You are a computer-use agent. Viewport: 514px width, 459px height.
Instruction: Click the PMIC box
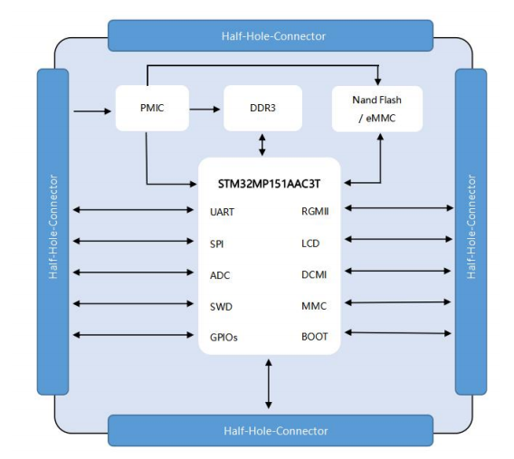(x=152, y=109)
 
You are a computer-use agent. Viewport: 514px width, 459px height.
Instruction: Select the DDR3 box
(x=262, y=109)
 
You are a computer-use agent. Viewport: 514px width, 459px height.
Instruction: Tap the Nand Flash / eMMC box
(x=377, y=109)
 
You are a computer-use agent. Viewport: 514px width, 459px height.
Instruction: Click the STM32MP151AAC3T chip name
(x=269, y=184)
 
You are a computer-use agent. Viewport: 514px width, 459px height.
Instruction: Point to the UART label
(x=222, y=212)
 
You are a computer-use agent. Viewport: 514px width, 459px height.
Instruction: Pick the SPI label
(x=216, y=244)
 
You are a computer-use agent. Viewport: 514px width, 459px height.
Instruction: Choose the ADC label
(x=220, y=275)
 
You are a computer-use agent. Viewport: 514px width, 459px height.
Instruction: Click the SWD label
(x=221, y=307)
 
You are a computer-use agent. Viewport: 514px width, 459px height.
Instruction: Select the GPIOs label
(x=224, y=338)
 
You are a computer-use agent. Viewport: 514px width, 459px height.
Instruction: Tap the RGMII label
(x=315, y=212)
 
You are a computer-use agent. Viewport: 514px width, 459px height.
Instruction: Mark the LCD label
(x=310, y=244)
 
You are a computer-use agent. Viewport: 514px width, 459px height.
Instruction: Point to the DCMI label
(x=314, y=274)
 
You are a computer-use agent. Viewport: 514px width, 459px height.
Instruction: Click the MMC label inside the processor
(x=314, y=306)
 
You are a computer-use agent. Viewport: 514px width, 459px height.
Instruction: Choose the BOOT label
(x=314, y=337)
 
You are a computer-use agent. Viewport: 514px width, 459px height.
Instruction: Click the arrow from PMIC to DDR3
(x=205, y=110)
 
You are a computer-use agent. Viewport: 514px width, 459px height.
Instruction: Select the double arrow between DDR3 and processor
(x=262, y=145)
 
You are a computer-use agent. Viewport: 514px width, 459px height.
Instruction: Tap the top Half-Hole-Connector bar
(x=271, y=35)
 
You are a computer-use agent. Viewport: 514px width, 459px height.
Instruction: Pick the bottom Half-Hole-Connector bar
(x=271, y=430)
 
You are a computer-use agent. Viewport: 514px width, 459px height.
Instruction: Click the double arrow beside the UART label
(x=133, y=210)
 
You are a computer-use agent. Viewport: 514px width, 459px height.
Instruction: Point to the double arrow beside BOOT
(x=398, y=333)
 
